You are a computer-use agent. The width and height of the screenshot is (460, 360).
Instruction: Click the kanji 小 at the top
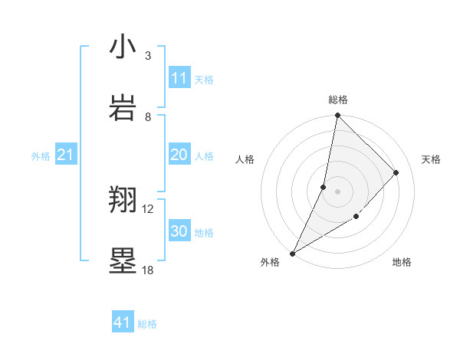tap(123, 47)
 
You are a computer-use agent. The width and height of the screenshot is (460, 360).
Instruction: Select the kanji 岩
tap(123, 107)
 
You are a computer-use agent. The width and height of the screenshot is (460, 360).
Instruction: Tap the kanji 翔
tap(123, 200)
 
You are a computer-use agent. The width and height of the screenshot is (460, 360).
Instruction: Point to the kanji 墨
tap(123, 261)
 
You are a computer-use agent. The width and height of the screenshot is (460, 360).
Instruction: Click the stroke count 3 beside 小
tap(148, 56)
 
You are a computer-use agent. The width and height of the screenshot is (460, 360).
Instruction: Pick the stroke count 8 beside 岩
tap(148, 117)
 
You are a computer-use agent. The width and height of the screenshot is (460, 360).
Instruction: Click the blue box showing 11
tap(179, 78)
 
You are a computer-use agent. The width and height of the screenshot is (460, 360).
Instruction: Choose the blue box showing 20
tap(179, 155)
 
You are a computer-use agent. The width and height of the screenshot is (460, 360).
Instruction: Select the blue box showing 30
tap(179, 231)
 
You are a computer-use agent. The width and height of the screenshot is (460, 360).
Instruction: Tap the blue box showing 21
tap(66, 155)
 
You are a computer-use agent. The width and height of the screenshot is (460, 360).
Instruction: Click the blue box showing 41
tap(123, 322)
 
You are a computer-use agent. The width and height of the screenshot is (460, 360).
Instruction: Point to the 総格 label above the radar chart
tap(338, 100)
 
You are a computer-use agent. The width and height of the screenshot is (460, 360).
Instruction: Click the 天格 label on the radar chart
tap(431, 159)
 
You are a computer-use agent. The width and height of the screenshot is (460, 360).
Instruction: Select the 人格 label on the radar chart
tap(245, 159)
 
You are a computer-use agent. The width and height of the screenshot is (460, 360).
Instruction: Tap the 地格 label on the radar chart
tap(402, 262)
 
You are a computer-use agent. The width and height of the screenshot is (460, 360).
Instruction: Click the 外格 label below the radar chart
tap(270, 262)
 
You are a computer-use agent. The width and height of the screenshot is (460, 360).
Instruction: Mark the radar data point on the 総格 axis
tap(337, 116)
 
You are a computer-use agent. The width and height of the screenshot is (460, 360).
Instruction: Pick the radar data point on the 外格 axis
tap(293, 253)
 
